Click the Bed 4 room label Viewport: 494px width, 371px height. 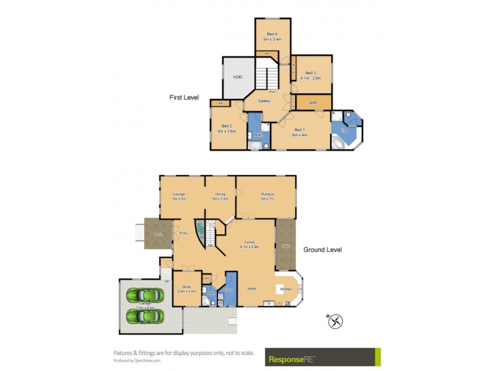[x=272, y=35]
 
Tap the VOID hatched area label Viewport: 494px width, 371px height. [x=237, y=77]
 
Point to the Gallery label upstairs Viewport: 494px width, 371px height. [x=264, y=101]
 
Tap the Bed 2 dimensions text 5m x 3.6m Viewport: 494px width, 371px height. [x=227, y=131]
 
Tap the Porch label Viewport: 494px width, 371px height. [x=158, y=234]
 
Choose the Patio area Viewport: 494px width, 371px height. [x=286, y=245]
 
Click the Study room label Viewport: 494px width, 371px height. [x=186, y=286]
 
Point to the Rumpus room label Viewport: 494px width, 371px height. [x=267, y=194]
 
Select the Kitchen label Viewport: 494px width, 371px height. [x=286, y=289]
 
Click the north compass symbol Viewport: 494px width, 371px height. [x=335, y=321]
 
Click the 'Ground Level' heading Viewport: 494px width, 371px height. [x=322, y=250]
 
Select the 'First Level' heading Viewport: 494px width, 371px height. [x=184, y=98]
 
